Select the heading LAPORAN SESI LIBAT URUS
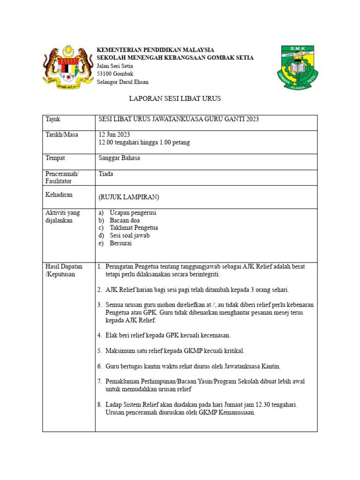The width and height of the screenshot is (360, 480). click(175, 99)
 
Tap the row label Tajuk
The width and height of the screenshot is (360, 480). click(53, 120)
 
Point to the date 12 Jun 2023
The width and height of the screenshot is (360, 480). click(114, 135)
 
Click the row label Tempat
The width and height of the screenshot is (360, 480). click(55, 158)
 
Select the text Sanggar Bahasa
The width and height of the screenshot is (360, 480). click(119, 158)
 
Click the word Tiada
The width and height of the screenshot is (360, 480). click(106, 174)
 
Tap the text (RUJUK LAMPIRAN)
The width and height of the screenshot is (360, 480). click(128, 197)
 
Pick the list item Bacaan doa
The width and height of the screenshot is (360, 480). click(125, 220)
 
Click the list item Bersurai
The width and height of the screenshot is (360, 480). click(121, 243)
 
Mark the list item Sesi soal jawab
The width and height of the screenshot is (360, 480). click(130, 236)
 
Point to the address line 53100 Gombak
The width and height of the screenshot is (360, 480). click(115, 74)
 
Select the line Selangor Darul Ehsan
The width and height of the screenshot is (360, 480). click(122, 82)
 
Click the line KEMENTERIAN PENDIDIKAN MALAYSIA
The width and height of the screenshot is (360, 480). click(155, 50)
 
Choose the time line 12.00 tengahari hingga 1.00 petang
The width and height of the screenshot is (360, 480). click(144, 142)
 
